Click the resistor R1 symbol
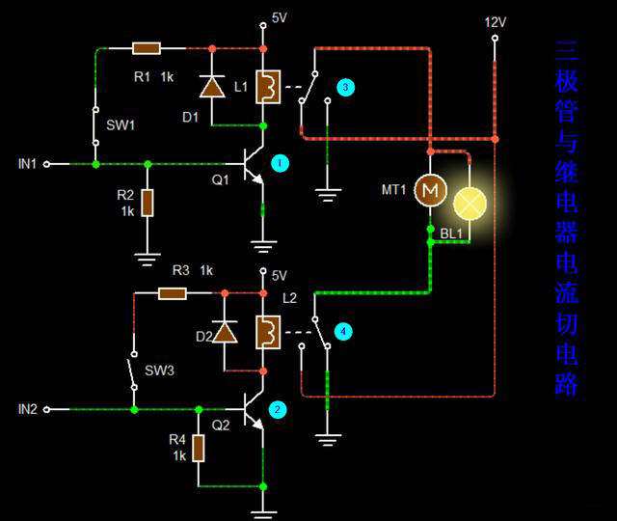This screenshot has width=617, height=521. click(x=146, y=47)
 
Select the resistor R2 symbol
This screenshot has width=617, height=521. click(x=147, y=203)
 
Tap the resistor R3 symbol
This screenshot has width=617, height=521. click(x=173, y=292)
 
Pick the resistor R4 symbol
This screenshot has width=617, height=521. click(x=199, y=448)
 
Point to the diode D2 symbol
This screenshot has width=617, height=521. click(x=225, y=333)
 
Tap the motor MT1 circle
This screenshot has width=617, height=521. click(x=429, y=191)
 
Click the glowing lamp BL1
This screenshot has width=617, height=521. click(x=469, y=202)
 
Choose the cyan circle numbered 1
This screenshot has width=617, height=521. click(x=280, y=163)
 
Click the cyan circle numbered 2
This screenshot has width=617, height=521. click(x=278, y=409)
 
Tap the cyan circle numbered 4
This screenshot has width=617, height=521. click(x=344, y=332)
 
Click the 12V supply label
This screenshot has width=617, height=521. click(x=495, y=21)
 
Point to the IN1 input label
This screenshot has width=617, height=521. click(x=27, y=164)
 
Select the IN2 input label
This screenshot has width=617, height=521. click(x=27, y=409)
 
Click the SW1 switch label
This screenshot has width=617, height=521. click(x=121, y=124)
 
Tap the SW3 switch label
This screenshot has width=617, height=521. click(x=158, y=370)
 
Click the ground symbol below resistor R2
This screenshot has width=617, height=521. click(x=147, y=256)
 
